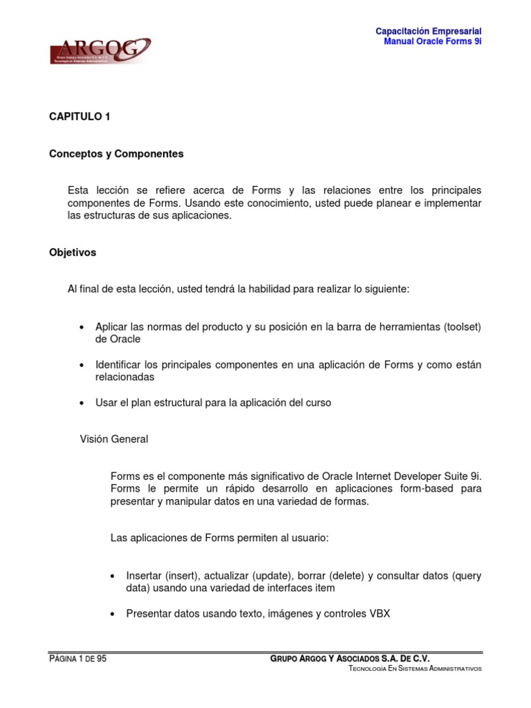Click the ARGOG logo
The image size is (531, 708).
100,51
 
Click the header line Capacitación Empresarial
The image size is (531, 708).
428,31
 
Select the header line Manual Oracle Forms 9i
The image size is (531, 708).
432,41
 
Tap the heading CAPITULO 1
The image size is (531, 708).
80,117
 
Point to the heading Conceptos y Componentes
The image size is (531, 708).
116,154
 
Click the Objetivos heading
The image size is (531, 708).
73,253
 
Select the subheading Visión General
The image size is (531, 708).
114,439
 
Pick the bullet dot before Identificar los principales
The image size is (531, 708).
82,365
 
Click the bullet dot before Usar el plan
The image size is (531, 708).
82,403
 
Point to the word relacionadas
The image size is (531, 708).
124,378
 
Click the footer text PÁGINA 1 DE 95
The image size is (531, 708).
78,659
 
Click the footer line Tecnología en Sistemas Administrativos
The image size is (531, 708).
415,669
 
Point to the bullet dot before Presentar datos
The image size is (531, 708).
113,613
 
